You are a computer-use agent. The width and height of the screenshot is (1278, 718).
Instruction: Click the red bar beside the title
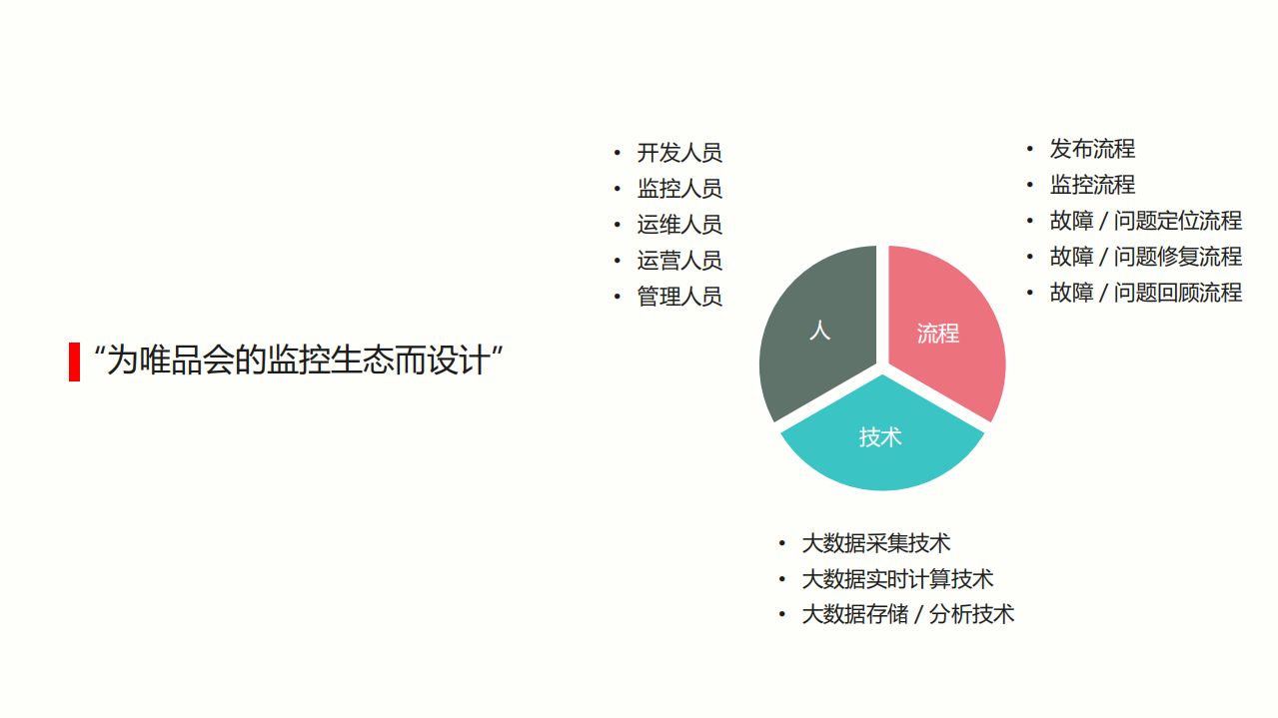click(x=74, y=361)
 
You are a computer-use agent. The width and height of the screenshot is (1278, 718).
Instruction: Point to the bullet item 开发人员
click(x=679, y=153)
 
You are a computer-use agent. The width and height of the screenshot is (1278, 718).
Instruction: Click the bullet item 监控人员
click(x=679, y=189)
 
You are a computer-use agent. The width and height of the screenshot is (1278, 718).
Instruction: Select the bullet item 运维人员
click(x=679, y=225)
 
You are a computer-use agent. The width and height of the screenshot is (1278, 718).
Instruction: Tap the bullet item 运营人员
click(x=679, y=261)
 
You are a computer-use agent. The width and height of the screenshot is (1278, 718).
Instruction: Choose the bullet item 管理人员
click(x=679, y=297)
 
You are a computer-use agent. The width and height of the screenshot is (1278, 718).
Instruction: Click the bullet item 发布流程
click(x=1092, y=149)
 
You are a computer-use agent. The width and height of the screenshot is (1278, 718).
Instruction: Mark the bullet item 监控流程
click(x=1092, y=185)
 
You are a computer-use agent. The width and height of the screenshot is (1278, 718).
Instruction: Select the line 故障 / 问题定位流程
click(x=1145, y=221)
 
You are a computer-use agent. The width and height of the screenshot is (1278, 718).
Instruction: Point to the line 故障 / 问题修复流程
click(x=1145, y=257)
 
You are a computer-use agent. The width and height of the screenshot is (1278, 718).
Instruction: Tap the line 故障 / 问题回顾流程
click(x=1145, y=293)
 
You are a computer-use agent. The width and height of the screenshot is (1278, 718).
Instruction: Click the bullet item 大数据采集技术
click(x=876, y=543)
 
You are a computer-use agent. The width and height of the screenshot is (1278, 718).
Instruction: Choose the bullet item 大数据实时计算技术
click(x=897, y=579)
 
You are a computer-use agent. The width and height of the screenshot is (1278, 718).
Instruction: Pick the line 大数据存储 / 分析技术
click(x=907, y=614)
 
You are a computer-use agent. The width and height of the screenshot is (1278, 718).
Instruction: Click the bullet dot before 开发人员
click(x=617, y=153)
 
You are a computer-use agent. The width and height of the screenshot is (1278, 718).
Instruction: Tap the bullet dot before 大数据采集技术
click(x=782, y=543)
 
